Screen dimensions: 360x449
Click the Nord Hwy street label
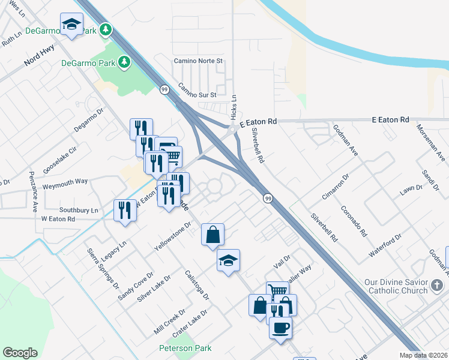(x=39, y=53)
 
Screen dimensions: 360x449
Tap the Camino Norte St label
(x=198, y=61)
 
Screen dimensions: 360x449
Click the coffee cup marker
(x=280, y=328)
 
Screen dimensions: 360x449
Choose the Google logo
(x=20, y=353)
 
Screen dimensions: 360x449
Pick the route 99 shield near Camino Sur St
(x=164, y=89)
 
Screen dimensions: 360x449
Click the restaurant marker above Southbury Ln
(x=125, y=210)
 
